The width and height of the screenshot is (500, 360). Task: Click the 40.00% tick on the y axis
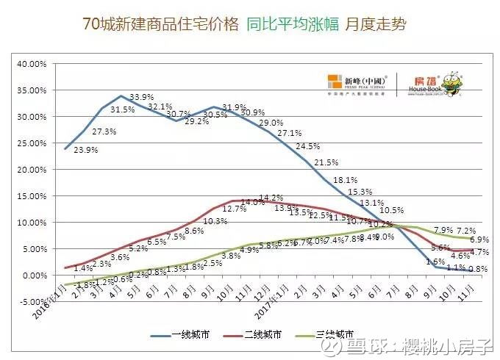pyautogui.click(x=32, y=64)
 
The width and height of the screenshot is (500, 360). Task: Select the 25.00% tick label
pyautogui.click(x=32, y=143)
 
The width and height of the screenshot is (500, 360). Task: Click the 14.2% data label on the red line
pyautogui.click(x=271, y=198)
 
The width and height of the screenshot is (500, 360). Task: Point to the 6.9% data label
pyautogui.click(x=479, y=240)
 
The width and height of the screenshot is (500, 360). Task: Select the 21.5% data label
pyautogui.click(x=326, y=162)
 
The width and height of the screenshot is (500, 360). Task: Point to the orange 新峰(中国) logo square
pyautogui.click(x=334, y=82)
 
